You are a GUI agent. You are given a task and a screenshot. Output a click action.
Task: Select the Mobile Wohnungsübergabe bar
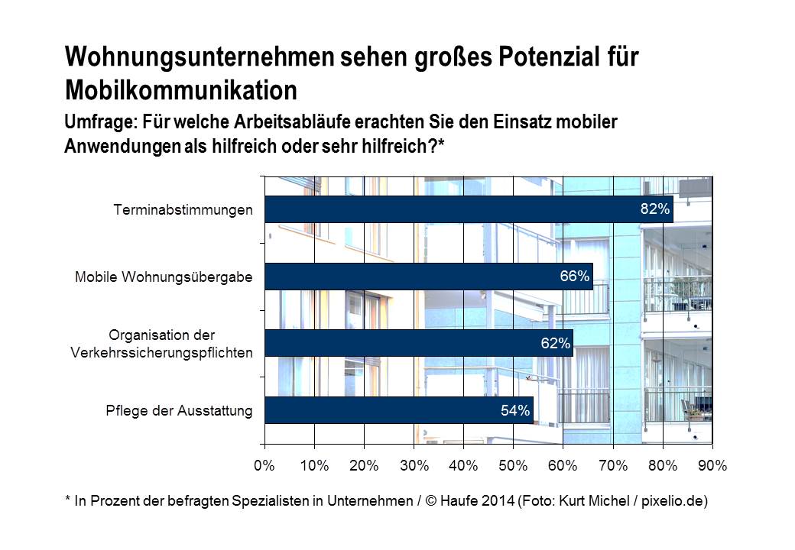coord(428,277)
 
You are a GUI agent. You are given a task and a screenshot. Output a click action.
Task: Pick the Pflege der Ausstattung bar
coord(398,410)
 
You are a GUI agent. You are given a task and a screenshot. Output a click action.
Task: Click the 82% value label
coord(654,209)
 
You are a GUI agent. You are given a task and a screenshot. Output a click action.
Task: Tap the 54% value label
coord(515,410)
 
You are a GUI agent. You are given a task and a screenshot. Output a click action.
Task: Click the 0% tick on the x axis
coord(264,465)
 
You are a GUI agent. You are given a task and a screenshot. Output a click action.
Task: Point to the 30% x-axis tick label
coord(414,465)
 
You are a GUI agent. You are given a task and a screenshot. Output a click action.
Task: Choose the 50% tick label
coord(514,465)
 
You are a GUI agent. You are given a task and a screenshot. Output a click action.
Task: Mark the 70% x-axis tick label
coord(613,465)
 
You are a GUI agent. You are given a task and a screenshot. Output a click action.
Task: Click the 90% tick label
coord(712,465)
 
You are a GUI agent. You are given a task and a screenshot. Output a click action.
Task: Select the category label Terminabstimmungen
coord(183,209)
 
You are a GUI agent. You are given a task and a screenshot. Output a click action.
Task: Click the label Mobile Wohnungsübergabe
coord(164,277)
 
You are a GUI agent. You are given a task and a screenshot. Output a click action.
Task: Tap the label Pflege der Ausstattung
coord(179,411)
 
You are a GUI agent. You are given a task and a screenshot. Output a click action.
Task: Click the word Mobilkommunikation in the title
coord(181,89)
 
